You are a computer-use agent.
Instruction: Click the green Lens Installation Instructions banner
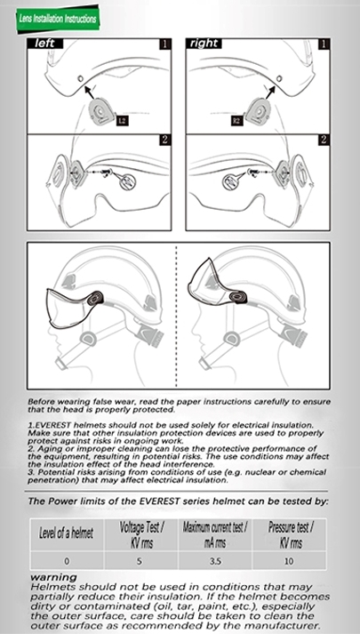tap(58, 19)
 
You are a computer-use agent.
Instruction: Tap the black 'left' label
tap(44, 44)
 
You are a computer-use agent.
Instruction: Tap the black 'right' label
tap(204, 44)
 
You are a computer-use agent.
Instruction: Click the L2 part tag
tap(123, 121)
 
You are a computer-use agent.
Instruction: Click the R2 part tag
tap(237, 121)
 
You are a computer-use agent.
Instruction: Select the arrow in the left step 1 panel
tap(90, 92)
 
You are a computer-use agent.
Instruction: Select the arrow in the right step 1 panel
tap(270, 92)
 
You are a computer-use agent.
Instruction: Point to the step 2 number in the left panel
tap(164, 140)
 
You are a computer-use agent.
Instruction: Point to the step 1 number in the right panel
tap(324, 44)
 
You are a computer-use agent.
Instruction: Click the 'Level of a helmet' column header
tap(67, 534)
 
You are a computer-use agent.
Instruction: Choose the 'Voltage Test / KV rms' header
tap(141, 534)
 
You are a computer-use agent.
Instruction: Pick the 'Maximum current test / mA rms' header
tap(215, 534)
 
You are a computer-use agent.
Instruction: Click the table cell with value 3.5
tap(215, 561)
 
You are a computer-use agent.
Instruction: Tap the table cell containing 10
tap(289, 561)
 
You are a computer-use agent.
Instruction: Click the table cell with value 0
tap(67, 561)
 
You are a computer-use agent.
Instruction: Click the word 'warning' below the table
tap(53, 577)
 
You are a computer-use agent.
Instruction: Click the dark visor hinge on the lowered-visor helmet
tap(95, 299)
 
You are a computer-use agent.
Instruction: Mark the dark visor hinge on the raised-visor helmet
tap(237, 297)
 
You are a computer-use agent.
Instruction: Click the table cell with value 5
tap(140, 561)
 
